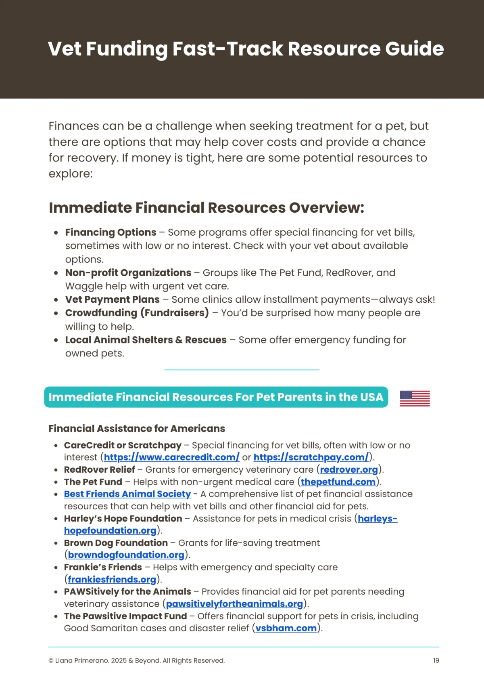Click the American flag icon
[415, 398]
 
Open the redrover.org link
[349, 469]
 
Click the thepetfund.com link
[338, 482]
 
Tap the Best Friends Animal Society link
[127, 494]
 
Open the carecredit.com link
[171, 457]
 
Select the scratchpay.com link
[311, 457]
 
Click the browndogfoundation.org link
[126, 555]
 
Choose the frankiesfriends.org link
[112, 579]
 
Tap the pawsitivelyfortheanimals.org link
[234, 603]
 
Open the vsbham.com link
[286, 628]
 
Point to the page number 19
[436, 660]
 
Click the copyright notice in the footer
[136, 660]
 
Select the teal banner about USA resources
[216, 397]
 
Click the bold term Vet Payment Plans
[113, 300]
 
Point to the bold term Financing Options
[111, 232]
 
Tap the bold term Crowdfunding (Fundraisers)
[137, 313]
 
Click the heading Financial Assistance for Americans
[137, 428]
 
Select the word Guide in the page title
[414, 49]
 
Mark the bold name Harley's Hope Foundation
[123, 518]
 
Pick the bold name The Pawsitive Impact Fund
[125, 616]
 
